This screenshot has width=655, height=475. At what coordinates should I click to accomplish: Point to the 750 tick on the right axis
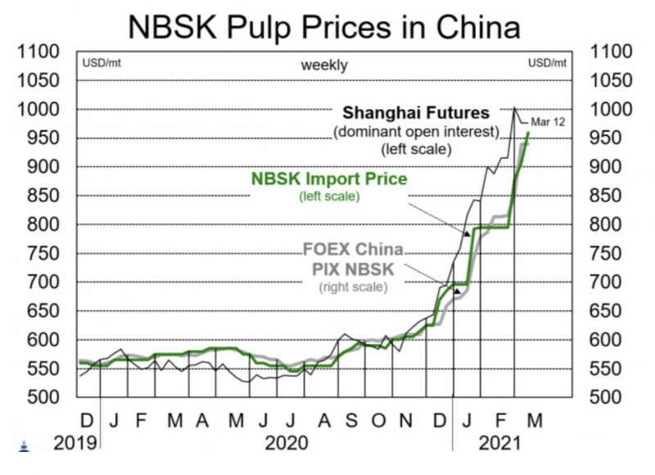tap(613, 253)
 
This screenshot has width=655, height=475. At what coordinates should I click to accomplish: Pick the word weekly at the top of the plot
tap(323, 65)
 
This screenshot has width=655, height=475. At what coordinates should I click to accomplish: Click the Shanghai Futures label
tap(416, 112)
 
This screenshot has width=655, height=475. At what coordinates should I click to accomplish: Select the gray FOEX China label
tap(353, 249)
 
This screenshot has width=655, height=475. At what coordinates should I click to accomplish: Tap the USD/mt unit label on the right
tap(546, 62)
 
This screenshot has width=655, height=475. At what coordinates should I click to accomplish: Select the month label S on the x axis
tap(350, 420)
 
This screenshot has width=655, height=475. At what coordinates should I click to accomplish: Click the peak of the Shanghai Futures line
tap(514, 108)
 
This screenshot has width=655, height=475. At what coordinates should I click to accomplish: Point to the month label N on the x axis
tap(406, 420)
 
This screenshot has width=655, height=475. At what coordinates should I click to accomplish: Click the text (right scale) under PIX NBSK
tap(352, 287)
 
